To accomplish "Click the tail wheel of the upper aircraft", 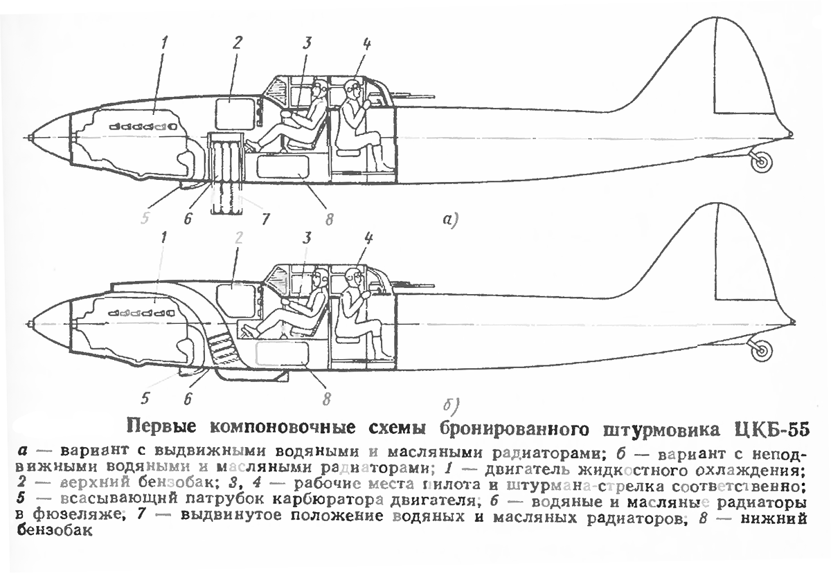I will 762,162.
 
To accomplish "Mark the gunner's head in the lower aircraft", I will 354,278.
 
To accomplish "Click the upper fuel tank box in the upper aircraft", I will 235,110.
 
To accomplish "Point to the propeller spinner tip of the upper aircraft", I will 28,136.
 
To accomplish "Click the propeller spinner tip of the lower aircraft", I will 28,323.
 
